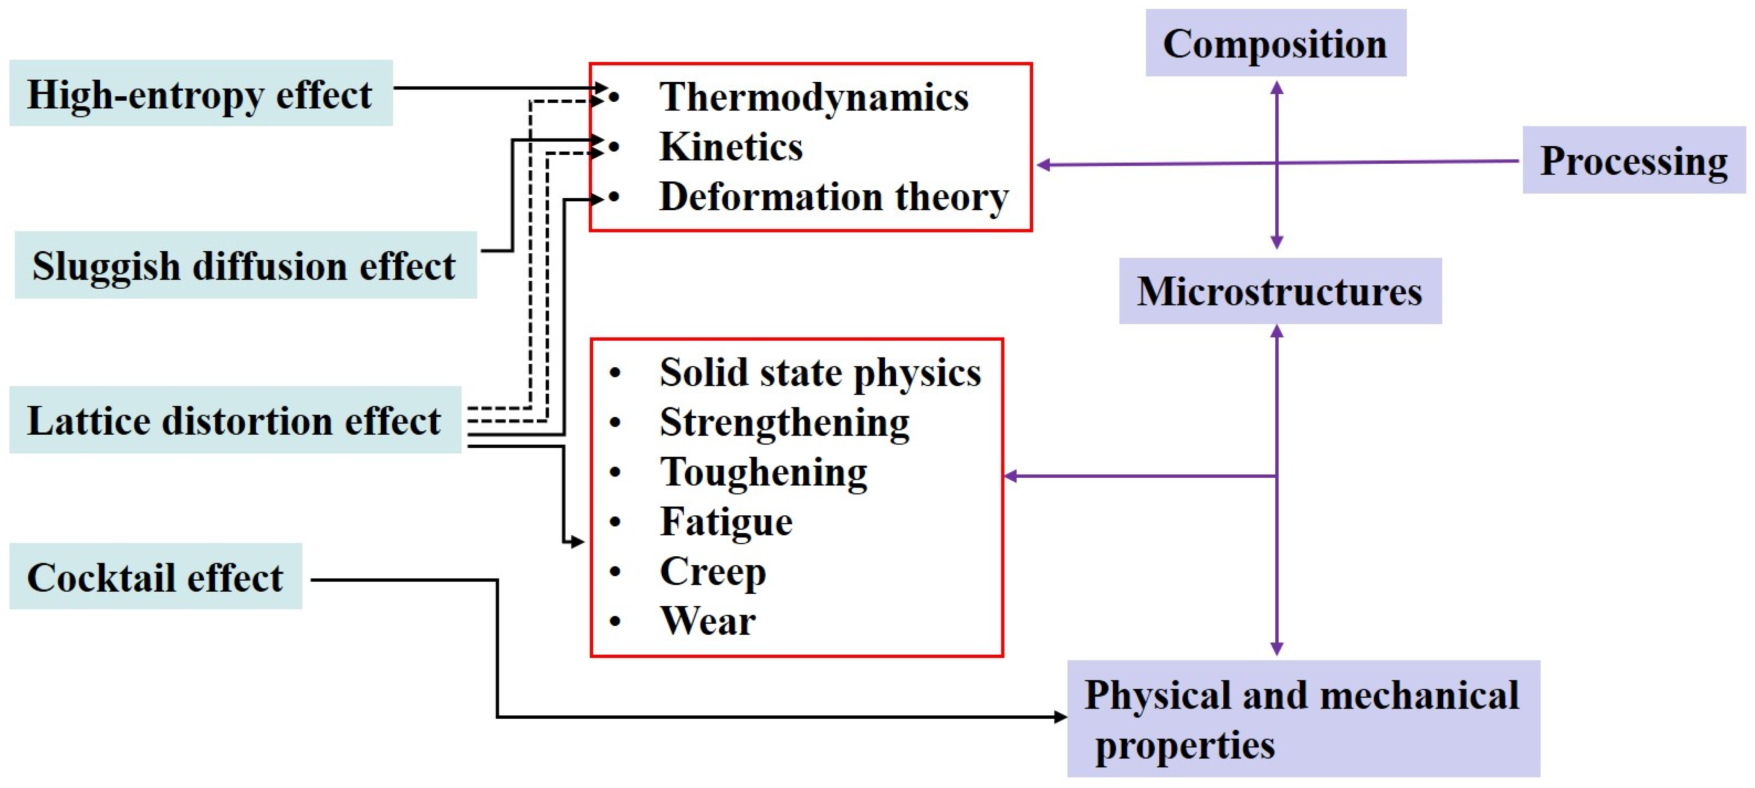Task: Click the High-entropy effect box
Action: point(200,93)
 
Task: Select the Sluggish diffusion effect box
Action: point(245,265)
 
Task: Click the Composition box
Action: point(1275,43)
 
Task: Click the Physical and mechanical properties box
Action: point(1303,718)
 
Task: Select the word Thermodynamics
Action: point(813,97)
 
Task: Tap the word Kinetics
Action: point(731,146)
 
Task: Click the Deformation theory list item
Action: point(833,197)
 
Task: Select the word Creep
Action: point(713,571)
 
